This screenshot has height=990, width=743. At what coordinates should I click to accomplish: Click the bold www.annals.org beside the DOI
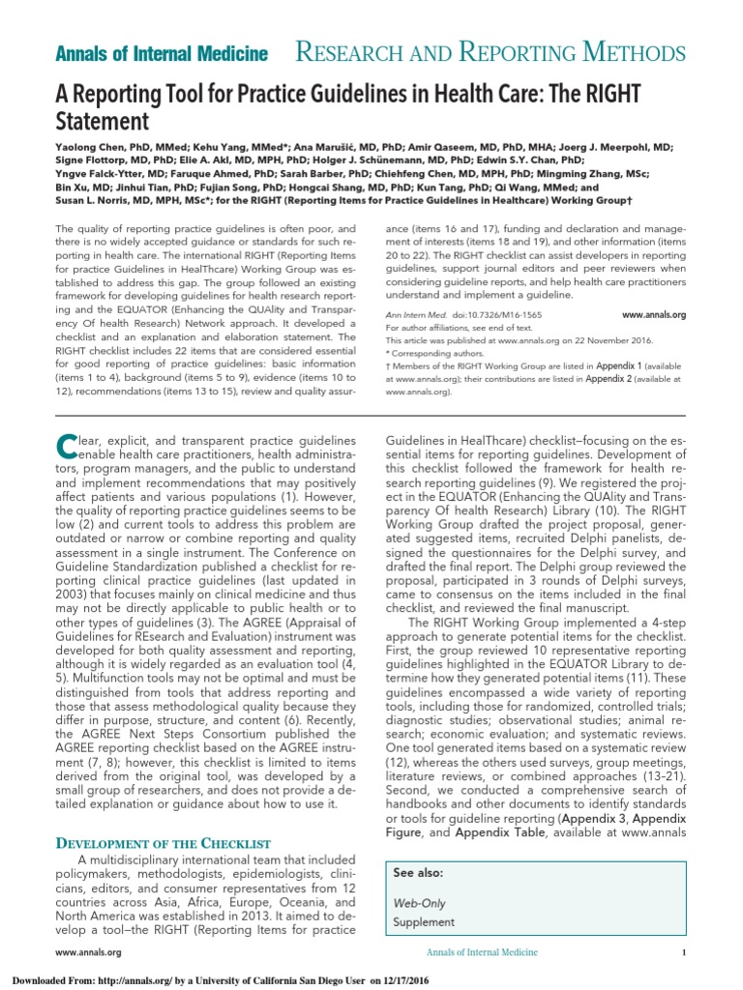[x=653, y=315]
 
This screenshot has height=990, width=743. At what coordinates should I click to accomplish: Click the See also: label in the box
[x=418, y=871]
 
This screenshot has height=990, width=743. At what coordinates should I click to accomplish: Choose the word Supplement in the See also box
[x=424, y=922]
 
